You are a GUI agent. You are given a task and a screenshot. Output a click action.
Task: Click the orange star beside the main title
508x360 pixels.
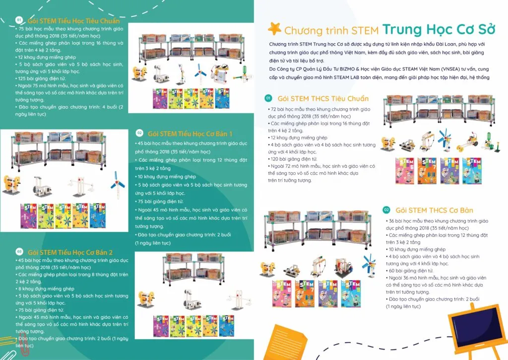tap(274, 28)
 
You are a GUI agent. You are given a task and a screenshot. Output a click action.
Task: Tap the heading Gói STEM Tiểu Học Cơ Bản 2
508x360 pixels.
tap(70, 252)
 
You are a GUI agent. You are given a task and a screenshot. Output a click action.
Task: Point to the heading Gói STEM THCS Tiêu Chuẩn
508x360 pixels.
tap(323, 99)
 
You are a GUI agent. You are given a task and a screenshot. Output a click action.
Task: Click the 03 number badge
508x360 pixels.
tap(19, 251)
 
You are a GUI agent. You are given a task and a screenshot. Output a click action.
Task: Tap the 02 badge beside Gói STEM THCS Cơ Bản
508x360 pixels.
tap(386, 210)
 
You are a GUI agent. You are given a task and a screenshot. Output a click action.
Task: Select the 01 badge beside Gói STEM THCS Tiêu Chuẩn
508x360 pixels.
tap(268, 98)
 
